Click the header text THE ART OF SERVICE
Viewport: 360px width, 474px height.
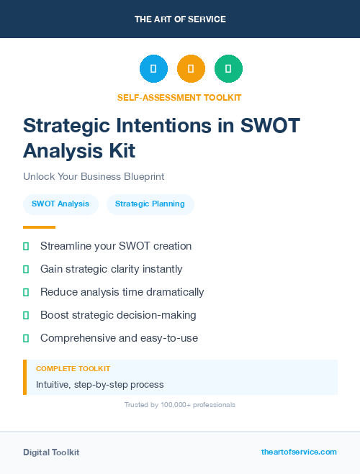pyautogui.click(x=180, y=19)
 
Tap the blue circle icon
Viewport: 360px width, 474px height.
pyautogui.click(x=153, y=69)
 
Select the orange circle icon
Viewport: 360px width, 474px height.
pyautogui.click(x=191, y=69)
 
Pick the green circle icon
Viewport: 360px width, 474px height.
pyautogui.click(x=228, y=69)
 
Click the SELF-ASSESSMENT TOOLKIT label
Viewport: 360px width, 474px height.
pyautogui.click(x=179, y=97)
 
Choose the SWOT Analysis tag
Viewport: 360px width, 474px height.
pyautogui.click(x=60, y=204)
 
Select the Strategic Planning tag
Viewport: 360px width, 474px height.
pyautogui.click(x=150, y=204)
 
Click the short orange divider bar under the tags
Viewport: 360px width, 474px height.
pyautogui.click(x=35, y=227)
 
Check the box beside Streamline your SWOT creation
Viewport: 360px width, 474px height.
pyautogui.click(x=26, y=246)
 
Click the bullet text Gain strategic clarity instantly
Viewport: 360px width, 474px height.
pyautogui.click(x=111, y=269)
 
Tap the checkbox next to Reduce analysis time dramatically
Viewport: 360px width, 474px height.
pyautogui.click(x=26, y=292)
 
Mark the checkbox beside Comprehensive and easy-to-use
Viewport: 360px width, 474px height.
pyautogui.click(x=26, y=338)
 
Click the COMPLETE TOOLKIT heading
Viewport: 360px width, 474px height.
pyautogui.click(x=73, y=368)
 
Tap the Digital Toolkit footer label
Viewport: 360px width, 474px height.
pyautogui.click(x=51, y=452)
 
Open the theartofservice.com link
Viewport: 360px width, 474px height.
pyautogui.click(x=299, y=452)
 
